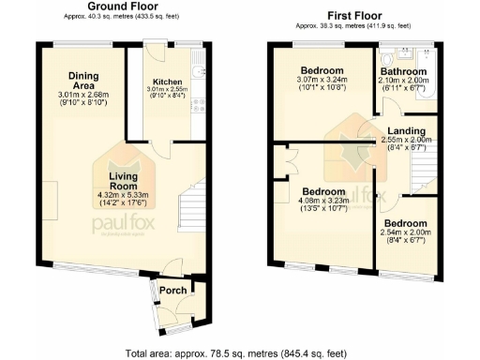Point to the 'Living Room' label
123,180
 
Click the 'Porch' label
172,289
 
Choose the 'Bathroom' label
404,70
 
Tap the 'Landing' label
409,130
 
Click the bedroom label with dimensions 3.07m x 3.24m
322,70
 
